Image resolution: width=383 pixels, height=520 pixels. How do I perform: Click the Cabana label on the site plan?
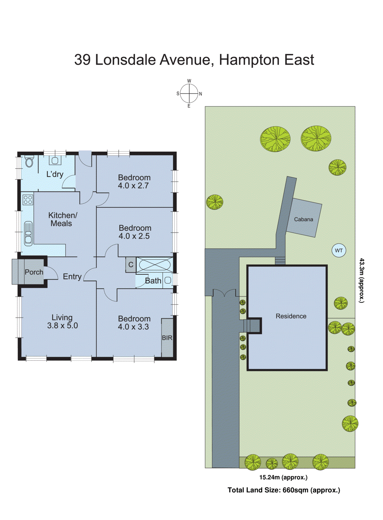click(x=303, y=219)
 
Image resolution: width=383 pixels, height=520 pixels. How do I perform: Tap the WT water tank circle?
click(x=339, y=251)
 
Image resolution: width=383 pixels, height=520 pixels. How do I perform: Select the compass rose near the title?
click(x=189, y=94)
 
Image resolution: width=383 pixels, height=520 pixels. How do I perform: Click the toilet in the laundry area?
click(x=29, y=162)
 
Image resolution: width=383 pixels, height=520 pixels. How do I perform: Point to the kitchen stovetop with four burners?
click(x=28, y=200)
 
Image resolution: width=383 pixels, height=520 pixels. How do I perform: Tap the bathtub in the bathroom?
click(x=155, y=265)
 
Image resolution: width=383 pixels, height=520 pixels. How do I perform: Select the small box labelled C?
click(x=131, y=265)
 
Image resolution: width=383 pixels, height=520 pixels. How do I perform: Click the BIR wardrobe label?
click(x=167, y=338)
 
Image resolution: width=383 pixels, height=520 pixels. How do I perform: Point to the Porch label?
click(x=34, y=272)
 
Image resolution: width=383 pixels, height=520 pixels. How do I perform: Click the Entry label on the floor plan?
click(x=72, y=277)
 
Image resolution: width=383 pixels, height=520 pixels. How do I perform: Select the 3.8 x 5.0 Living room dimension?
click(x=62, y=326)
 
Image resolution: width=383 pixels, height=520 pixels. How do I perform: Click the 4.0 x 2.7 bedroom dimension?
click(x=133, y=186)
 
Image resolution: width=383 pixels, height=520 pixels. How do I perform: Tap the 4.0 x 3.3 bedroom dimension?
click(x=133, y=327)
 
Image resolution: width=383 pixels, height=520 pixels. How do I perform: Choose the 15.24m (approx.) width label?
click(x=283, y=477)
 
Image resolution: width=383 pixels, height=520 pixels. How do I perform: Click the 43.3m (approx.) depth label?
click(x=362, y=280)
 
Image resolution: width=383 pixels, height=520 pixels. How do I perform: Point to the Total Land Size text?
click(x=284, y=490)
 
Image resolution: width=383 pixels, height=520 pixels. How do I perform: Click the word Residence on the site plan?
click(x=291, y=316)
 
